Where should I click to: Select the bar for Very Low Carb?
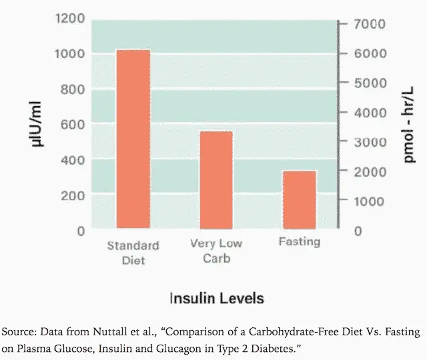(x=216, y=179)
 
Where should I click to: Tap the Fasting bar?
(x=300, y=199)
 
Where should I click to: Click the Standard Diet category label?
(x=133, y=253)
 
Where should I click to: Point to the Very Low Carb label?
(x=216, y=251)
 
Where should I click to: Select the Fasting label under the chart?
(x=300, y=241)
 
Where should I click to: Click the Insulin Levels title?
(x=216, y=297)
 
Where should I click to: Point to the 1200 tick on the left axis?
(x=69, y=19)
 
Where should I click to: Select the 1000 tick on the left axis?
(x=69, y=54)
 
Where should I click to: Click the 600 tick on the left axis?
(x=72, y=125)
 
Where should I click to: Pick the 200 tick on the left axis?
(x=72, y=195)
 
